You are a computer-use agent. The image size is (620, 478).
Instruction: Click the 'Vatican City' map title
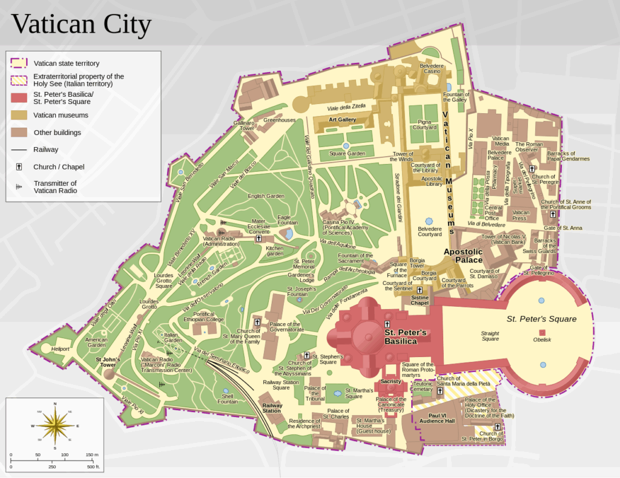[81, 24]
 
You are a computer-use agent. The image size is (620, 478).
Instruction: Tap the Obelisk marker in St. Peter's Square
[542, 333]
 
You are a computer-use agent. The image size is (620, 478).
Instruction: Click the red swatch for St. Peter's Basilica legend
[19, 98]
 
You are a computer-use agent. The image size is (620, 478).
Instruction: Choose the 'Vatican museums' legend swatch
[19, 115]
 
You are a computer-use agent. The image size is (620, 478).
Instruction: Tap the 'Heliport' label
[60, 349]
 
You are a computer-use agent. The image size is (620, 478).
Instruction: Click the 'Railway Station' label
[271, 408]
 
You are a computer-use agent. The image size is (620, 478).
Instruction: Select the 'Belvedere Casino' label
[432, 68]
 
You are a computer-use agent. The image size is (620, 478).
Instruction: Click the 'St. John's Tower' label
[108, 362]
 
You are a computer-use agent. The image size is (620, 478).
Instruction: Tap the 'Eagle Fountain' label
[288, 220]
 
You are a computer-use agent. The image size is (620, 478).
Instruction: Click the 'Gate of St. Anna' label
[562, 228]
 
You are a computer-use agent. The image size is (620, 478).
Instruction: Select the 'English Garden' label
[266, 196]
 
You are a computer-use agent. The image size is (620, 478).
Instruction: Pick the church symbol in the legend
[19, 167]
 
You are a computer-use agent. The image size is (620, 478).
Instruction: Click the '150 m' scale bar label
[92, 454]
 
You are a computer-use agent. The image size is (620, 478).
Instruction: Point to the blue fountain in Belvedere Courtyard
[429, 221]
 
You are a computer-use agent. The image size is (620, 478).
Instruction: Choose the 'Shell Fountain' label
[228, 398]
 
